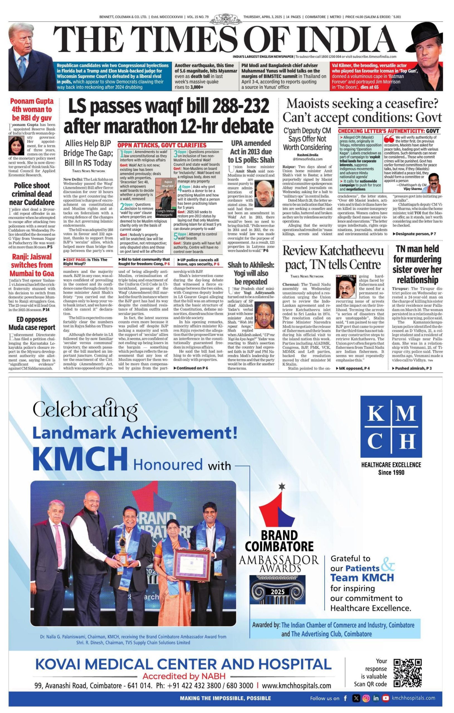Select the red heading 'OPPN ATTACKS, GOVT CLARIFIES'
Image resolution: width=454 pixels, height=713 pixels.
[162, 145]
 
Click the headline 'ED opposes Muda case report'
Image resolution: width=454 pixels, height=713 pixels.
[32, 323]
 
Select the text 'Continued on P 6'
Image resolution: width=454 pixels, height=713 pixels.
[192, 368]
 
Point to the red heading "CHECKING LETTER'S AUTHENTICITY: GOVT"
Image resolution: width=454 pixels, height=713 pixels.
[389, 131]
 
